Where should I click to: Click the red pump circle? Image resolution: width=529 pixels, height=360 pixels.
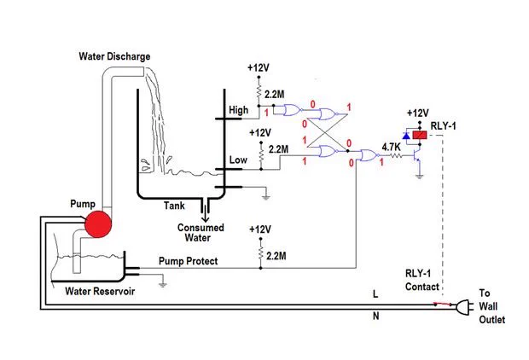(98, 224)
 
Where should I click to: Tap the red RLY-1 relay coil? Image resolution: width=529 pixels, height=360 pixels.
(420, 136)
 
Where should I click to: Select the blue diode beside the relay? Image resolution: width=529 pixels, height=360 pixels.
(406, 136)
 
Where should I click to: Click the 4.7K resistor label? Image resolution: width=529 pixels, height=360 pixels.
(391, 147)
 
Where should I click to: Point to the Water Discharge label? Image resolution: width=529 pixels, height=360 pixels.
(114, 56)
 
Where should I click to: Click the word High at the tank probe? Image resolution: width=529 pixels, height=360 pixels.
(239, 110)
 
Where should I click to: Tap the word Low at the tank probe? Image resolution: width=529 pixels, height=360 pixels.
(238, 160)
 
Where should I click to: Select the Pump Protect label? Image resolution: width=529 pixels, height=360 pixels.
(188, 261)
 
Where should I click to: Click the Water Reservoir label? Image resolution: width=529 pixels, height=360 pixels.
(100, 291)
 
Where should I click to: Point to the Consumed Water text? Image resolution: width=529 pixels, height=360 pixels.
(201, 233)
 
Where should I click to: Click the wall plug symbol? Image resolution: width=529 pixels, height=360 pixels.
(462, 307)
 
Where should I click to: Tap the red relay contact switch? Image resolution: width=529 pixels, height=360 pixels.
(443, 304)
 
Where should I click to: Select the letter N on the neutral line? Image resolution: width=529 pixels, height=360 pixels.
(375, 316)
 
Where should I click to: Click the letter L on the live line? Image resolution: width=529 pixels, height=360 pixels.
(375, 294)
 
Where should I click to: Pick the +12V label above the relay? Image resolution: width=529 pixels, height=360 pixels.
(418, 113)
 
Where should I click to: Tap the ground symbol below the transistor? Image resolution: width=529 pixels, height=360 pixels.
(419, 176)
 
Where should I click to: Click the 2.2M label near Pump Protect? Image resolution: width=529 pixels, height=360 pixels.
(276, 256)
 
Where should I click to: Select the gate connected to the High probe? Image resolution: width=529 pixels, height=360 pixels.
(293, 110)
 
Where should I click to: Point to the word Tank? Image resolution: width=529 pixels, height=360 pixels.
(174, 206)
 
